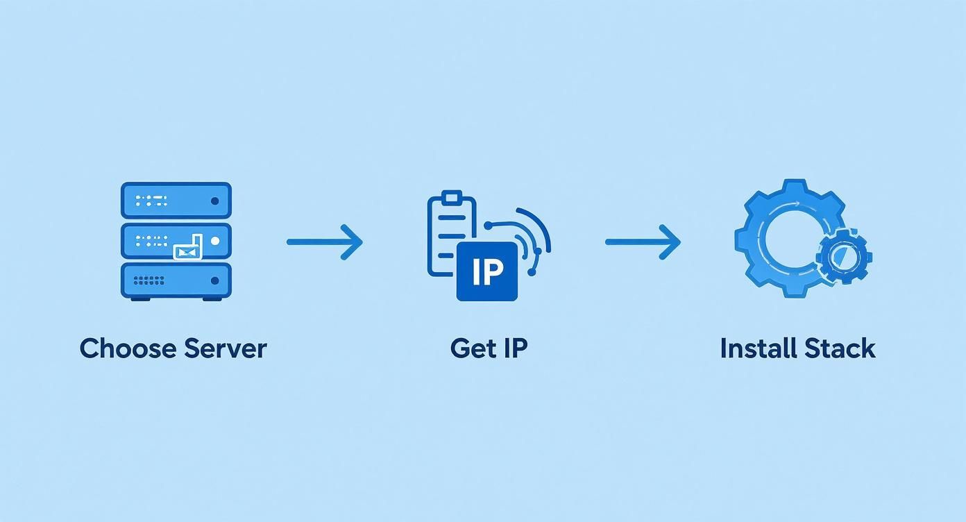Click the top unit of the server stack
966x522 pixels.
pos(176,201)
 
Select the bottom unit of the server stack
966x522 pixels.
pos(176,280)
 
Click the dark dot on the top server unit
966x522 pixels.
pos(214,201)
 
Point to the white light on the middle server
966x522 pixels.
pos(214,241)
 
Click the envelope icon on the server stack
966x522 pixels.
pos(187,250)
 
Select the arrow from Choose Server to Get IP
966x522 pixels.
pos(324,242)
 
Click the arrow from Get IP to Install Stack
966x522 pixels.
pos(643,242)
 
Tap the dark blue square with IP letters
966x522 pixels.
pos(486,271)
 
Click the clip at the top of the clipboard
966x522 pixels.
pos(452,196)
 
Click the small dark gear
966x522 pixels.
pos(844,256)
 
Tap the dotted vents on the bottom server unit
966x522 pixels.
pos(149,280)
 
